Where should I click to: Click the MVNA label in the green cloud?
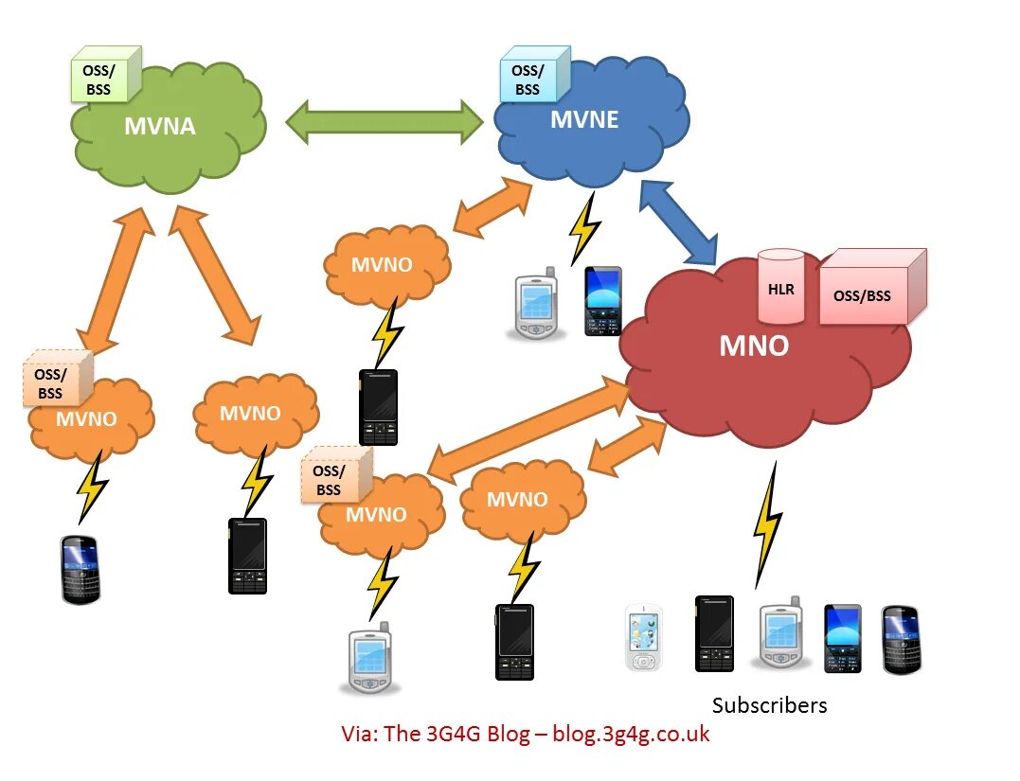[160, 126]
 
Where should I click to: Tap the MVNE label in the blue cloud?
[584, 119]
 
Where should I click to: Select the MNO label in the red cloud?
[754, 346]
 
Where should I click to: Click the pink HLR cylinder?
[781, 285]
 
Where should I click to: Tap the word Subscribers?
[769, 705]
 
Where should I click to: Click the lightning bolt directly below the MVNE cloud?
[583, 228]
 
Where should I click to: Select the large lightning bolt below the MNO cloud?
[768, 526]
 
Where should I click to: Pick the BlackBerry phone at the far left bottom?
[81, 569]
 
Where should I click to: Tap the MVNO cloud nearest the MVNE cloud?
[383, 264]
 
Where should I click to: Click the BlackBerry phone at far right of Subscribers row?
[901, 640]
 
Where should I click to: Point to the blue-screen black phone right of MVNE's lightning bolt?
[602, 301]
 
